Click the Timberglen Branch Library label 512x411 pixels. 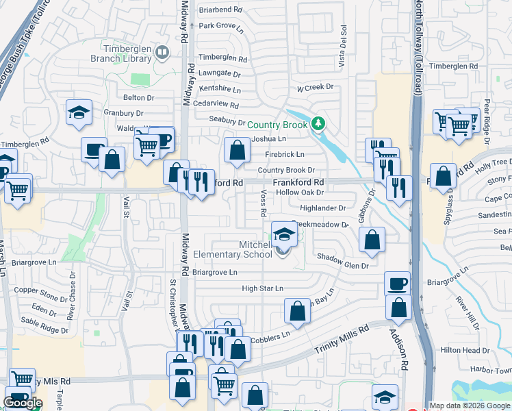[x=120, y=53]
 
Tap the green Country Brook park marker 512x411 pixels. [x=317, y=124]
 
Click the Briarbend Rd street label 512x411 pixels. [x=221, y=10]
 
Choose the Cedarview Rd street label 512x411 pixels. [x=215, y=105]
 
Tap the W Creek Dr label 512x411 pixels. [x=314, y=87]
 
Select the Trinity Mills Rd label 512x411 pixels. [x=342, y=338]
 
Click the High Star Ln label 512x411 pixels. [x=262, y=288]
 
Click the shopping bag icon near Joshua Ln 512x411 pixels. [x=237, y=150]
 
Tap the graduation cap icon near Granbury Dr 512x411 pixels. [x=79, y=112]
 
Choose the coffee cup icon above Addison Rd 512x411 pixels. [x=397, y=282]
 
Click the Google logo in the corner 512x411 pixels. [x=23, y=403]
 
